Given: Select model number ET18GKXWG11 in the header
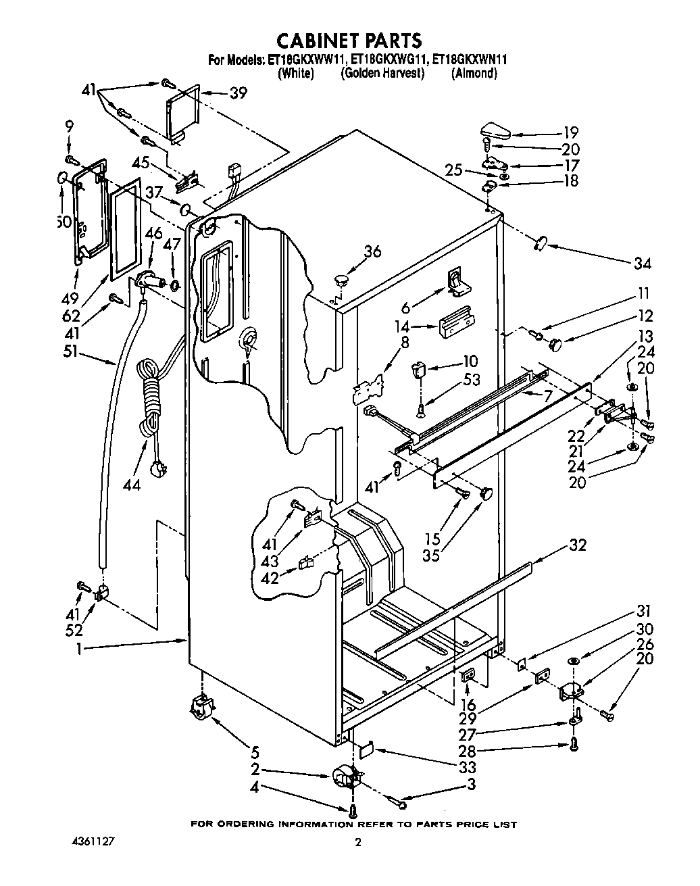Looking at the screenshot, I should (384, 60).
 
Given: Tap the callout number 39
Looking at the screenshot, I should (238, 93).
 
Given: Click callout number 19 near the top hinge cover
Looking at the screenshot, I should (571, 132).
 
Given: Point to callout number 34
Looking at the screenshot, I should (643, 263).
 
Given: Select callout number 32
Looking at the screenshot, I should (578, 545).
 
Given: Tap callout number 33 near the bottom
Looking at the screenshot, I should (466, 767).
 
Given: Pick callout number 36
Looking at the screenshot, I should (372, 251).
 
